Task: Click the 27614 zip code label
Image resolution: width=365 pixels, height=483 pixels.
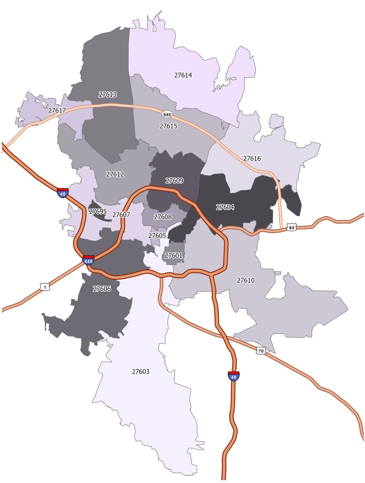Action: (183, 75)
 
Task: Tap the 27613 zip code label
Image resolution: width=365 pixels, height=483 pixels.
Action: (108, 94)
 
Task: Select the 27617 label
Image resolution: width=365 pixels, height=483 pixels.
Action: (57, 110)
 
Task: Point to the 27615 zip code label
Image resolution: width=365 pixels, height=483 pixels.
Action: (168, 126)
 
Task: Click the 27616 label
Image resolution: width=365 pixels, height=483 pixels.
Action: (252, 158)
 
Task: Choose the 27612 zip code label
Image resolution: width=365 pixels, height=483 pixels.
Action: (115, 174)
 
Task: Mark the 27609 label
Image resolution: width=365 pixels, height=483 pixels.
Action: (174, 180)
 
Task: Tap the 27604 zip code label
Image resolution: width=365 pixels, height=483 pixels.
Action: (225, 207)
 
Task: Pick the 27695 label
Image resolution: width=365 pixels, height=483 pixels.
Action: (98, 211)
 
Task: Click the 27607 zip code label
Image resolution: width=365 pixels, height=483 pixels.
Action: (121, 215)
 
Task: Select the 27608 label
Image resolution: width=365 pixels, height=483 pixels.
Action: (163, 217)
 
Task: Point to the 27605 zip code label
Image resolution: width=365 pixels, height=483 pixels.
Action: (157, 235)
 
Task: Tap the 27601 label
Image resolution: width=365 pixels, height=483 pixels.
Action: (173, 256)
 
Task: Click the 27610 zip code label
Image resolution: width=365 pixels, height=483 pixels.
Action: (246, 280)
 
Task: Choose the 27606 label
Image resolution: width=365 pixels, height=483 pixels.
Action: (102, 289)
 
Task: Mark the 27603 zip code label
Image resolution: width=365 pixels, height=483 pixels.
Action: (141, 371)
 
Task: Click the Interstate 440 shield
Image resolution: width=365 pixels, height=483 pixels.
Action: (88, 260)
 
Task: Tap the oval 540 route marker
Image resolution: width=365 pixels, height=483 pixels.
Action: (167, 114)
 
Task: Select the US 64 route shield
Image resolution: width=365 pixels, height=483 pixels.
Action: (291, 227)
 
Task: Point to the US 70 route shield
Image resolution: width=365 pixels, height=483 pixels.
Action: (261, 351)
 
